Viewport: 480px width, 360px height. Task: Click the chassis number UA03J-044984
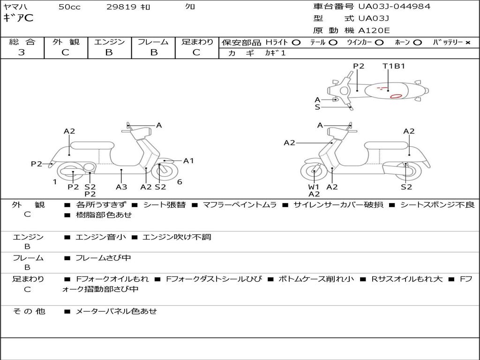coord(394,7)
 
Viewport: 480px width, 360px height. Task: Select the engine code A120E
coord(374,30)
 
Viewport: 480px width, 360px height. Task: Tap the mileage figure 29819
coord(121,7)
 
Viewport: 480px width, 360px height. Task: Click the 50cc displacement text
coord(69,7)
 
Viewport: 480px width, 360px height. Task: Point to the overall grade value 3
coord(22,52)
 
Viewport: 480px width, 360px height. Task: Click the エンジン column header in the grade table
coord(109,42)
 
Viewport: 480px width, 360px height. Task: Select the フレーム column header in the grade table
coord(153,42)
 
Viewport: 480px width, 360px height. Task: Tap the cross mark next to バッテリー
coord(467,42)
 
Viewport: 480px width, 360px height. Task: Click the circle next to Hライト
coord(296,42)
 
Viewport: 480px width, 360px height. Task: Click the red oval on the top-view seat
coord(396,96)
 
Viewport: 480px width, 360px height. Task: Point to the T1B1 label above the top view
coord(393,66)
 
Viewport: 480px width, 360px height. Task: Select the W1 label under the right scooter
coord(314,187)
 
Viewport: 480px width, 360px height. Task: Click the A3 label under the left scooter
coord(121,187)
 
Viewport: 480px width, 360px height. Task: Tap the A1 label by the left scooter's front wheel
coord(188,161)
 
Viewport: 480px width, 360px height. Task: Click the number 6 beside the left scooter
coord(180,182)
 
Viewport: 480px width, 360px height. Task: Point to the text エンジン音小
coord(101,237)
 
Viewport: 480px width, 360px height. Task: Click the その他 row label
coord(29,311)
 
